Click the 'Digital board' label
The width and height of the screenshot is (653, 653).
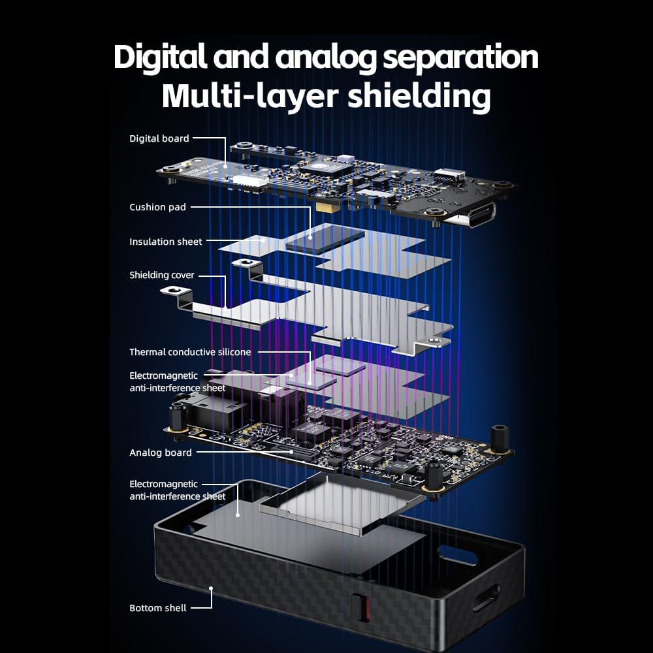click(x=159, y=138)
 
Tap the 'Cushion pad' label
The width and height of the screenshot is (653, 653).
click(x=157, y=207)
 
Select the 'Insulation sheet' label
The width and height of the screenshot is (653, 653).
click(x=166, y=242)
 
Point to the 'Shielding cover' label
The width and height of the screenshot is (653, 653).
click(x=162, y=275)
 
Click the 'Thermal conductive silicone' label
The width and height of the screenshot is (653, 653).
click(x=190, y=352)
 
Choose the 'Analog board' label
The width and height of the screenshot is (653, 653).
click(x=161, y=453)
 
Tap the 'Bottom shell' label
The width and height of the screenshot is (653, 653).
click(x=158, y=608)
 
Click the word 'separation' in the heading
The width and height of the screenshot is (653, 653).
click(x=460, y=57)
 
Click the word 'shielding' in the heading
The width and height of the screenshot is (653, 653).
click(x=419, y=96)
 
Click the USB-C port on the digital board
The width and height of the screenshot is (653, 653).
click(x=471, y=214)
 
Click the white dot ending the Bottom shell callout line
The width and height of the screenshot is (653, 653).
click(x=211, y=589)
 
